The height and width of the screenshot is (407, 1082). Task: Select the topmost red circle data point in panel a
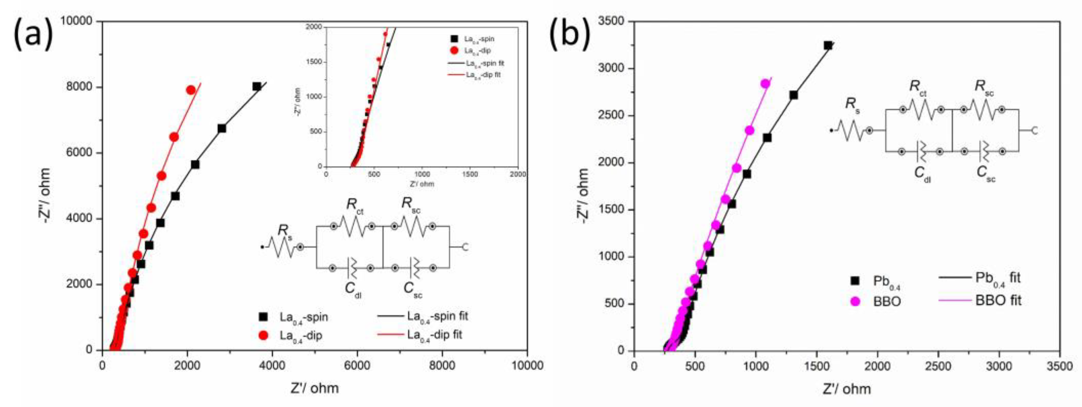click(190, 90)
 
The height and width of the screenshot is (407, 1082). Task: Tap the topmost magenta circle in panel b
click(765, 84)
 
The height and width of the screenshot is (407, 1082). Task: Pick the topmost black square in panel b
click(827, 45)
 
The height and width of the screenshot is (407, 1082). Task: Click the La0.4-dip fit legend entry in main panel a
click(434, 335)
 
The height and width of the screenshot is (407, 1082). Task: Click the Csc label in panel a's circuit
click(413, 289)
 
